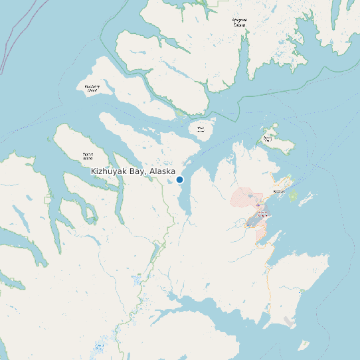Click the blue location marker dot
[179, 179]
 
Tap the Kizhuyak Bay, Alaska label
[133, 171]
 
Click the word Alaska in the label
[162, 171]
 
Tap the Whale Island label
[201, 129]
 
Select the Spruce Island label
[268, 139]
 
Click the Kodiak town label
[278, 192]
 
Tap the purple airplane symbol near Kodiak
[258, 205]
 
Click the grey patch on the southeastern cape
[289, 321]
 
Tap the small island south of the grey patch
[303, 345]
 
